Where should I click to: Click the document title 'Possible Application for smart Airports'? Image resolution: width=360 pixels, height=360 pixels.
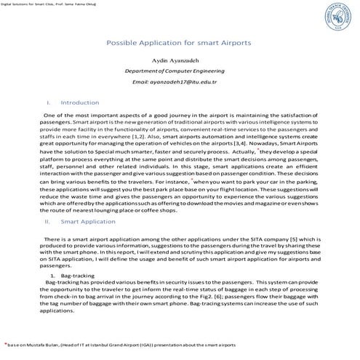pyautogui.click(x=179, y=43)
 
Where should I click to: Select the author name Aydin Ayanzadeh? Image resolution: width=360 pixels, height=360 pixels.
pyautogui.click(x=179, y=56)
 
